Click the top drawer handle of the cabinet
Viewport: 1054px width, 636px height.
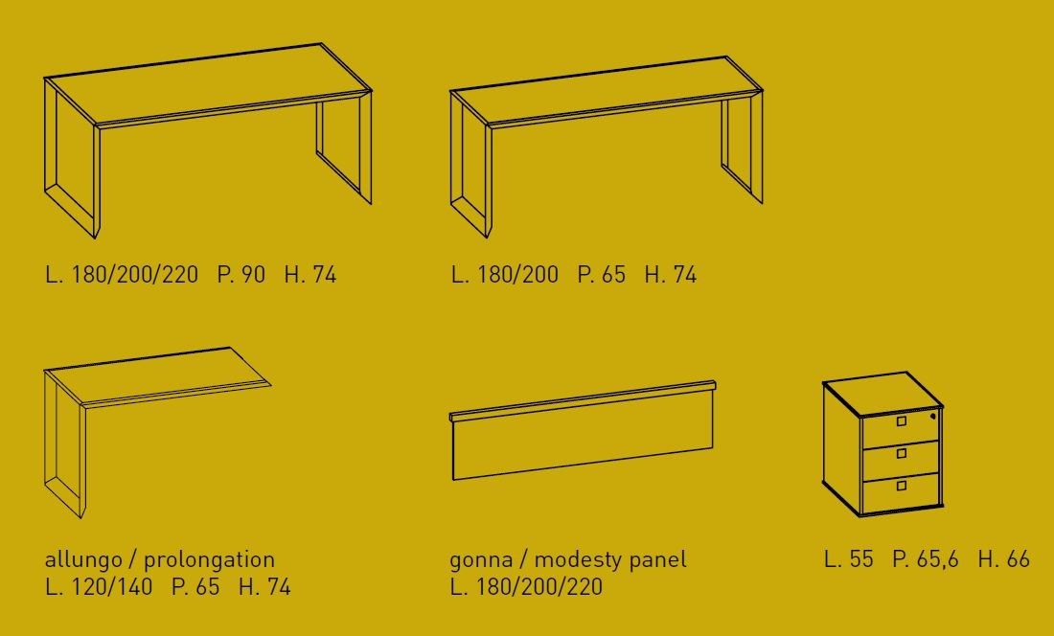pos(901,420)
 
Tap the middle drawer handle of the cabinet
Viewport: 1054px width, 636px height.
pos(901,453)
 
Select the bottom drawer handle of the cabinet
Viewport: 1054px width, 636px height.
pos(901,486)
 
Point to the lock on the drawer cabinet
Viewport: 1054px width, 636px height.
pos(932,417)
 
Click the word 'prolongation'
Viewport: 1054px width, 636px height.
pos(209,559)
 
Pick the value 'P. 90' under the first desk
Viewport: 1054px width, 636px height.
pos(241,275)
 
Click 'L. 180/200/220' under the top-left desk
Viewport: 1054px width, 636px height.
pos(122,275)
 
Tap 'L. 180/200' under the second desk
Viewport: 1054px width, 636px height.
pos(505,275)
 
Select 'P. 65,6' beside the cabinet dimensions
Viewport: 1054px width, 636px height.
pos(926,559)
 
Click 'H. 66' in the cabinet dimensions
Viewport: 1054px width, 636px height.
pos(1003,559)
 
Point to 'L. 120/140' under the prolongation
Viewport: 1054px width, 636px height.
pos(99,587)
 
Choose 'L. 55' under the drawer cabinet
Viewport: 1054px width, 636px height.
pos(849,559)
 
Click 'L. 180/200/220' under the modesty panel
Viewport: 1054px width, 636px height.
pos(527,587)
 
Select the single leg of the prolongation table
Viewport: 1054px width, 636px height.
pos(65,441)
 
